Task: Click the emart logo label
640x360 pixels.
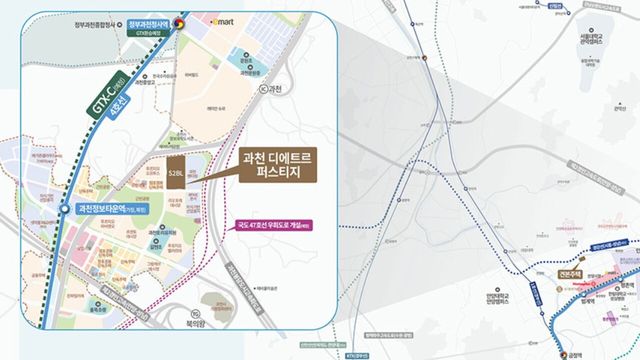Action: [x=221, y=19]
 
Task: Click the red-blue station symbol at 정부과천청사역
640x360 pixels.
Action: [x=180, y=17]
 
